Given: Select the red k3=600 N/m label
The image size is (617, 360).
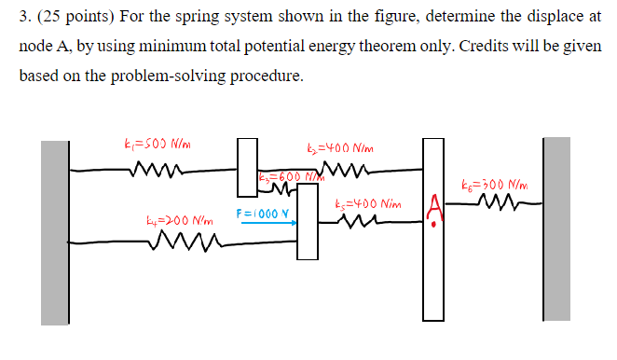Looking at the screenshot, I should [287, 177].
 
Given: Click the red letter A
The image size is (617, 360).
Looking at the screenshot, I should [432, 205].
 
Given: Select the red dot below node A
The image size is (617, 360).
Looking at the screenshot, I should [433, 226].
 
